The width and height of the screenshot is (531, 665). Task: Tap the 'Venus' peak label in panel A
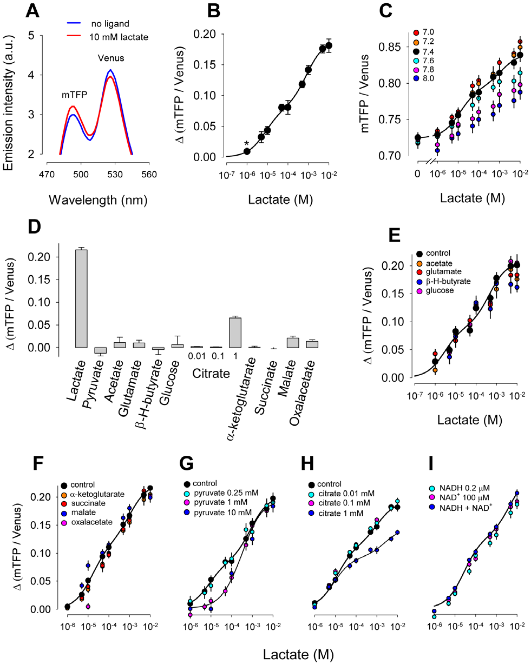point(111,58)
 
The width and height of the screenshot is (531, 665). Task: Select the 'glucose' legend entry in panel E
point(439,291)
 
